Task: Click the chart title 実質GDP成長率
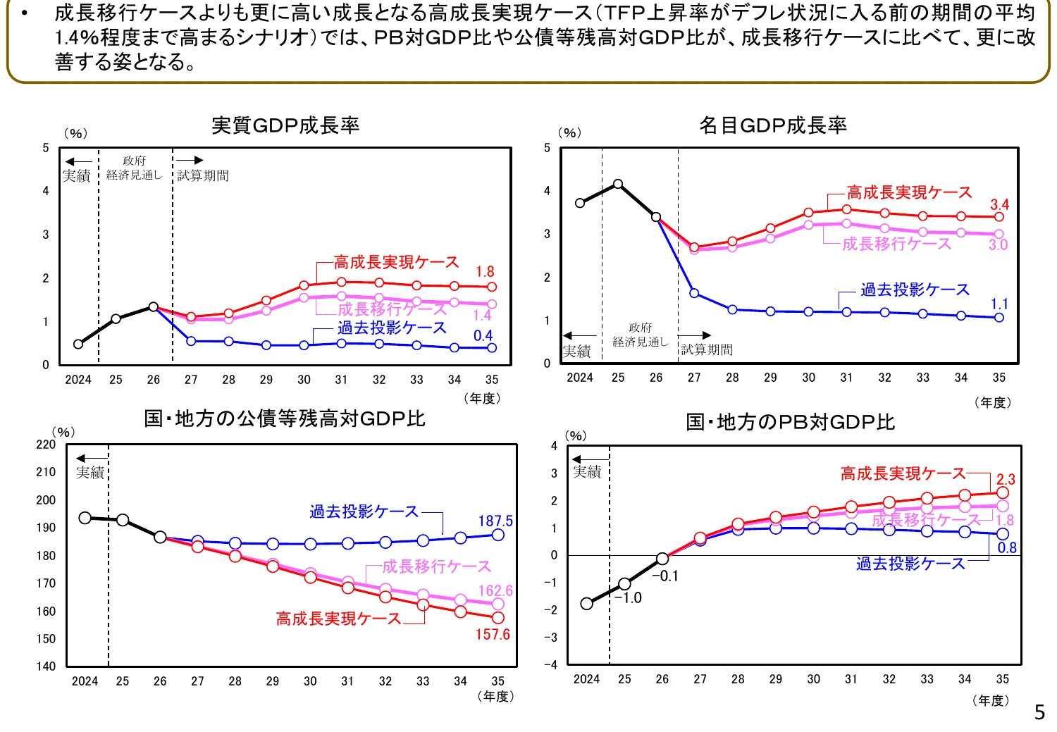(x=285, y=125)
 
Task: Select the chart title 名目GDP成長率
(x=772, y=125)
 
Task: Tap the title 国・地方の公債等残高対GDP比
(x=285, y=418)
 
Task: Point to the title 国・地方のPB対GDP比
(x=790, y=422)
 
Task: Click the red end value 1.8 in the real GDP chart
(x=485, y=272)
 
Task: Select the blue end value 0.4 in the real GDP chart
(x=483, y=336)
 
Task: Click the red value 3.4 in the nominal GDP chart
(x=999, y=205)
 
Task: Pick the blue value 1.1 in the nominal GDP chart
(x=999, y=304)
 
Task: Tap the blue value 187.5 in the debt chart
(x=495, y=521)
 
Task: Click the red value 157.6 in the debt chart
(x=493, y=634)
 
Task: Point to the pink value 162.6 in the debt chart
(x=495, y=591)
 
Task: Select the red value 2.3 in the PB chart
(x=1006, y=480)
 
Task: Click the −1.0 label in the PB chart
(x=628, y=598)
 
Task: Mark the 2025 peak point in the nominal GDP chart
(x=618, y=184)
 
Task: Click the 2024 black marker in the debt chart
(x=85, y=518)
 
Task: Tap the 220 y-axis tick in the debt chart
(x=46, y=445)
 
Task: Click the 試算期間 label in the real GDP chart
(x=203, y=175)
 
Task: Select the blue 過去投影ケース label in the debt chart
(x=364, y=511)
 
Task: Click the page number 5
(x=1039, y=712)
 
